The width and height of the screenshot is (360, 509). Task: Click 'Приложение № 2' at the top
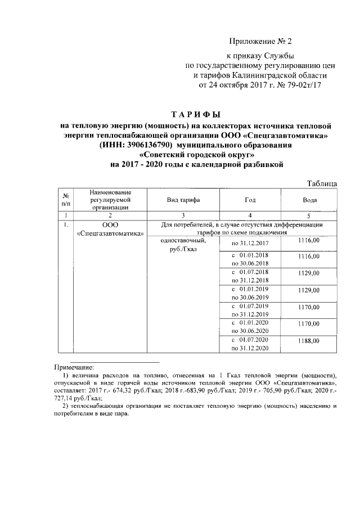[262, 42]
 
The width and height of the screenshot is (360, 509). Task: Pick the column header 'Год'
[250, 200]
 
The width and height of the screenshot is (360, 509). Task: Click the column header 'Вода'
[309, 200]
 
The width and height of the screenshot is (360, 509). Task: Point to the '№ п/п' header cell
[66, 199]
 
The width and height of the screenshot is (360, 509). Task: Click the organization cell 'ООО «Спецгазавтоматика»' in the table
[110, 229]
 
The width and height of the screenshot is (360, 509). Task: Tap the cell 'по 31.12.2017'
[250, 243]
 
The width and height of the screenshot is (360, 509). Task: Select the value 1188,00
[309, 341]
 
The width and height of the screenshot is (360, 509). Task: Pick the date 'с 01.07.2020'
[250, 340]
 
